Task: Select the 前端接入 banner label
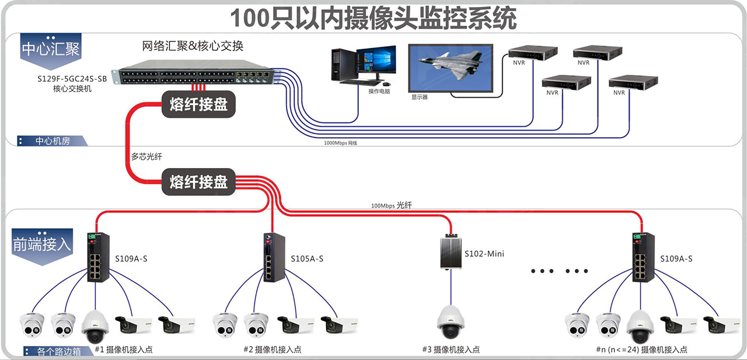pyautogui.click(x=42, y=244)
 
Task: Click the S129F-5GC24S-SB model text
pyautogui.click(x=72, y=78)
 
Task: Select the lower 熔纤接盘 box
pyautogui.click(x=198, y=181)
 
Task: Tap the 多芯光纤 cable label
pyautogui.click(x=146, y=157)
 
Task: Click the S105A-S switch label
pyautogui.click(x=307, y=258)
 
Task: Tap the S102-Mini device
pyautogui.click(x=450, y=251)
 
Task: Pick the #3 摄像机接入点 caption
pyautogui.click(x=451, y=349)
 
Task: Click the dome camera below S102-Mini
pyautogui.click(x=451, y=321)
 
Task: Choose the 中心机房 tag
pyautogui.click(x=53, y=141)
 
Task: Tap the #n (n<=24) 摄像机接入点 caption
pyautogui.click(x=641, y=349)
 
